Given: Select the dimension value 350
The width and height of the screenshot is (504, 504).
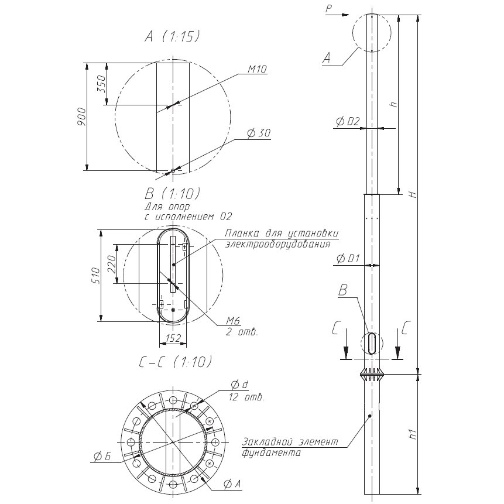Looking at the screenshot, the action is point(101,84).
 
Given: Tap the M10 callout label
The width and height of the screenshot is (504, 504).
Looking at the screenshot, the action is point(257,69).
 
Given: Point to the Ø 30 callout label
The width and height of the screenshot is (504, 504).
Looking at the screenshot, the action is point(259,133).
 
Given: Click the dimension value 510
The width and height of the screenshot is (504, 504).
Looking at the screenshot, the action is point(96,275).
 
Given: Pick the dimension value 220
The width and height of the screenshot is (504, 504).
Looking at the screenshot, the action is point(111,263).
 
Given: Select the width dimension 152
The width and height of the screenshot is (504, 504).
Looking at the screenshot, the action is point(173,338).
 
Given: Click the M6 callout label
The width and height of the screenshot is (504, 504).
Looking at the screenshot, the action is point(233,320).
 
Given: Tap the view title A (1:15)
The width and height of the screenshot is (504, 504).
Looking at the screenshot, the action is point(172,37).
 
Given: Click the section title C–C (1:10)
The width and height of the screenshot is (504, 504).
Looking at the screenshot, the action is point(176,362).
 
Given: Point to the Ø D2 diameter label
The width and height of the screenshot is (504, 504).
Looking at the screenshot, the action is point(348,121).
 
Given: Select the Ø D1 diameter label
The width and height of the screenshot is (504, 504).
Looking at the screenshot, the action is point(348,258).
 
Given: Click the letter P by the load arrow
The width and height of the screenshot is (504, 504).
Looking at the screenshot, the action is point(328,9).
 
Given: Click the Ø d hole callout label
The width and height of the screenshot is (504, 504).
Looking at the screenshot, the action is point(240,384).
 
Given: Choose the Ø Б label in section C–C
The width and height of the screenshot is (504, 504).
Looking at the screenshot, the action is point(102,456).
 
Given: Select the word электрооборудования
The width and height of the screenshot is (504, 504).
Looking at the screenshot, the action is point(277,244).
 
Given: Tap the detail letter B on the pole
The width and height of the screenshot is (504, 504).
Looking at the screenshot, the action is point(343,290).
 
